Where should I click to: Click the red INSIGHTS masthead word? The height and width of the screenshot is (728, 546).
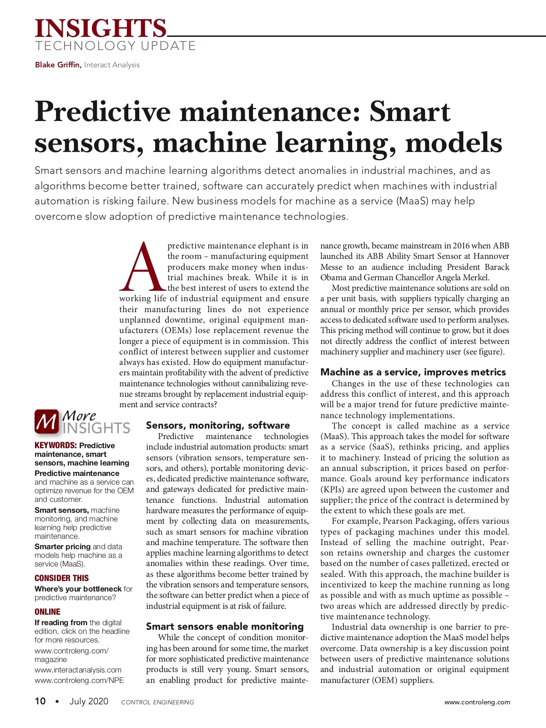tap(101, 28)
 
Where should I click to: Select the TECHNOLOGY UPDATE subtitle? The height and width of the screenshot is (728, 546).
tap(115, 46)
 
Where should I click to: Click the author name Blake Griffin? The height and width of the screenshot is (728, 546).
tap(58, 65)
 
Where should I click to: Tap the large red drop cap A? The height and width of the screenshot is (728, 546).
tap(142, 268)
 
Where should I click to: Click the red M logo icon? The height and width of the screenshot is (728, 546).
tap(46, 421)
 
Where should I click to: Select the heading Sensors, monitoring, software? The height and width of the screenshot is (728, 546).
tap(217, 425)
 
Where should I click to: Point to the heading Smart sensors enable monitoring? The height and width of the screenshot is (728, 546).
tap(224, 627)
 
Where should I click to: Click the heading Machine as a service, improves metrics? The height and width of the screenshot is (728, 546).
tap(413, 372)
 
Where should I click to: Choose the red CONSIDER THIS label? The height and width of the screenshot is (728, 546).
tap(61, 578)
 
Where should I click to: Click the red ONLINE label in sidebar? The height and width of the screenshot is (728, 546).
tap(47, 612)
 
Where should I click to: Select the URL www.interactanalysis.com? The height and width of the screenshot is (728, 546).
tap(78, 670)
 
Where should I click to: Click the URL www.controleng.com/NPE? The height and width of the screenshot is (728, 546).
tap(79, 680)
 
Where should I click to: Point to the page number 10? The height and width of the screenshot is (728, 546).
tap(40, 701)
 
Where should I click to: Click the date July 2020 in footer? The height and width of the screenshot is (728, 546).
tap(89, 701)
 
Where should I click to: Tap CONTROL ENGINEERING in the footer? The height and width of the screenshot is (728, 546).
tap(157, 702)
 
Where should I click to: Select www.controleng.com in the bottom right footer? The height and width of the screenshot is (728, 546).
tap(477, 702)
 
